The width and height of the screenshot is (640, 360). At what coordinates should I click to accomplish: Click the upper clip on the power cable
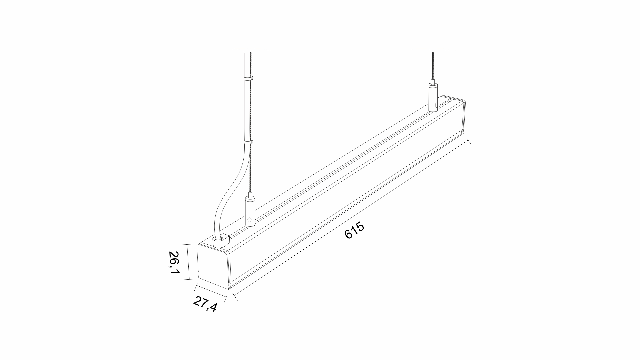[x=248, y=79]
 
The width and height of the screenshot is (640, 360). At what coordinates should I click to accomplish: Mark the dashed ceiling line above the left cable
[x=251, y=48]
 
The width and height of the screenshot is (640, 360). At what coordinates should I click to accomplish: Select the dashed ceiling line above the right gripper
[x=433, y=48]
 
